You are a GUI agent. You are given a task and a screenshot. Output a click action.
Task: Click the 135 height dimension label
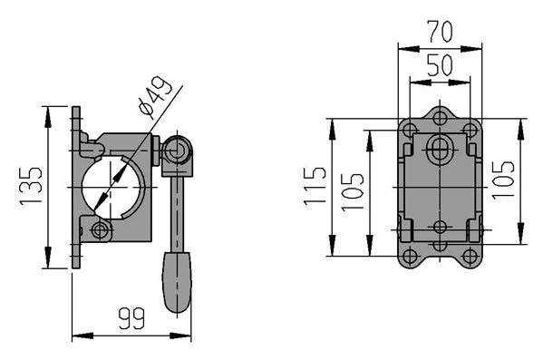pos(30,187)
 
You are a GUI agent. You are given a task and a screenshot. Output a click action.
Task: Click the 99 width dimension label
pos(131,319)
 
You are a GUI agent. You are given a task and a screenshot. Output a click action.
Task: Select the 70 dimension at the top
pos(440,32)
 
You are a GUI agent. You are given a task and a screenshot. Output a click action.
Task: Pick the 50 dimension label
pos(440,65)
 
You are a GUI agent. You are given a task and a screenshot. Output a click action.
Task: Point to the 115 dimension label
pos(315,187)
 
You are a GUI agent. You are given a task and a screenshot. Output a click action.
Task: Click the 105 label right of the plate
pos(503,180)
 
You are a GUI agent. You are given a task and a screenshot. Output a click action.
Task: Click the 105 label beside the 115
pos(353,192)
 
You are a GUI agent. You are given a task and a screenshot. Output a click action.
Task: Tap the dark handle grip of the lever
pos(177,282)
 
